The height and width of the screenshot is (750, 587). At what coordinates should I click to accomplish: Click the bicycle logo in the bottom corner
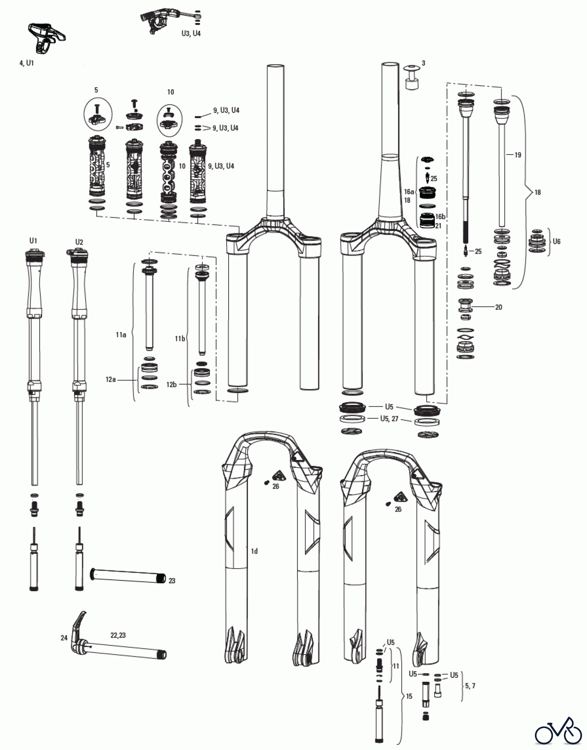point(558,730)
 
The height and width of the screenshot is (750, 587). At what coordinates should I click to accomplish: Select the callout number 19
point(517,155)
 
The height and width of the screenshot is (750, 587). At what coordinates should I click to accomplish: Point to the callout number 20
point(498,307)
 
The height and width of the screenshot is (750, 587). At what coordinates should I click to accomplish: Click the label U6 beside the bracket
point(556,241)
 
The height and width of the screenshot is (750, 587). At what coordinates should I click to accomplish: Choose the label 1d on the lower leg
point(254,551)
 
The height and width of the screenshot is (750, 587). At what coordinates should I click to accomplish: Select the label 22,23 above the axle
point(118,635)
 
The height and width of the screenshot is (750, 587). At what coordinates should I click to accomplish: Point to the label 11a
point(121,335)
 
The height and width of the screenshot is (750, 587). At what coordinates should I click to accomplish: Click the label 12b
point(171,385)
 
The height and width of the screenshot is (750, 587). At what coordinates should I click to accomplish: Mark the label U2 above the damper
point(79,242)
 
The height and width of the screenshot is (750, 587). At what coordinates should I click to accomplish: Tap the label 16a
point(409,192)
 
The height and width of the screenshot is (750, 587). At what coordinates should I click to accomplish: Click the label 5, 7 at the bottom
point(470,686)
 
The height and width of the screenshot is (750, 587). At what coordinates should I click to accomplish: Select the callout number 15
point(409,696)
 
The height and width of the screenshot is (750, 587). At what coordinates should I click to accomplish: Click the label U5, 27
point(389,419)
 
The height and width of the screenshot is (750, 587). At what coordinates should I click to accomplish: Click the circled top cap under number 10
point(170,120)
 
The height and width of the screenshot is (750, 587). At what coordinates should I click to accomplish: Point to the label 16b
point(440,217)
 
